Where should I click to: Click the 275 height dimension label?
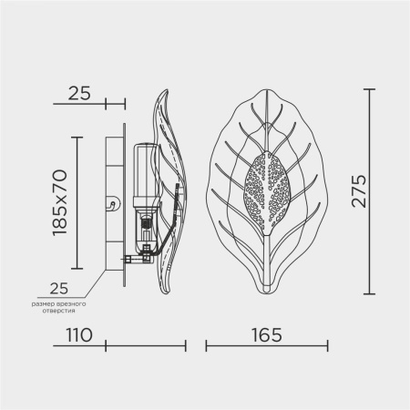coord(359,191)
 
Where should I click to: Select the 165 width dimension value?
coord(267,335)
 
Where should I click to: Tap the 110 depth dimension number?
coord(79,335)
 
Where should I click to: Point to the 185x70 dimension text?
coord(59,203)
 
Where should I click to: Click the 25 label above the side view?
coord(79,93)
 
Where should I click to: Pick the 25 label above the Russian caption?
coord(59,288)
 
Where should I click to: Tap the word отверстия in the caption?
coord(58,311)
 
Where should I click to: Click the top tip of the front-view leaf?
coord(265,89)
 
